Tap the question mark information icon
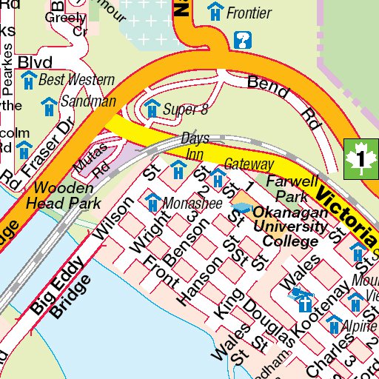coord(241,40)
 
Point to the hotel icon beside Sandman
coord(50,106)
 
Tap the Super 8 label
coord(184,110)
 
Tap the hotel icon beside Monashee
coord(152,201)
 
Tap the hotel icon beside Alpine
coord(334,323)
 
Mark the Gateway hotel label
coord(249,164)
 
